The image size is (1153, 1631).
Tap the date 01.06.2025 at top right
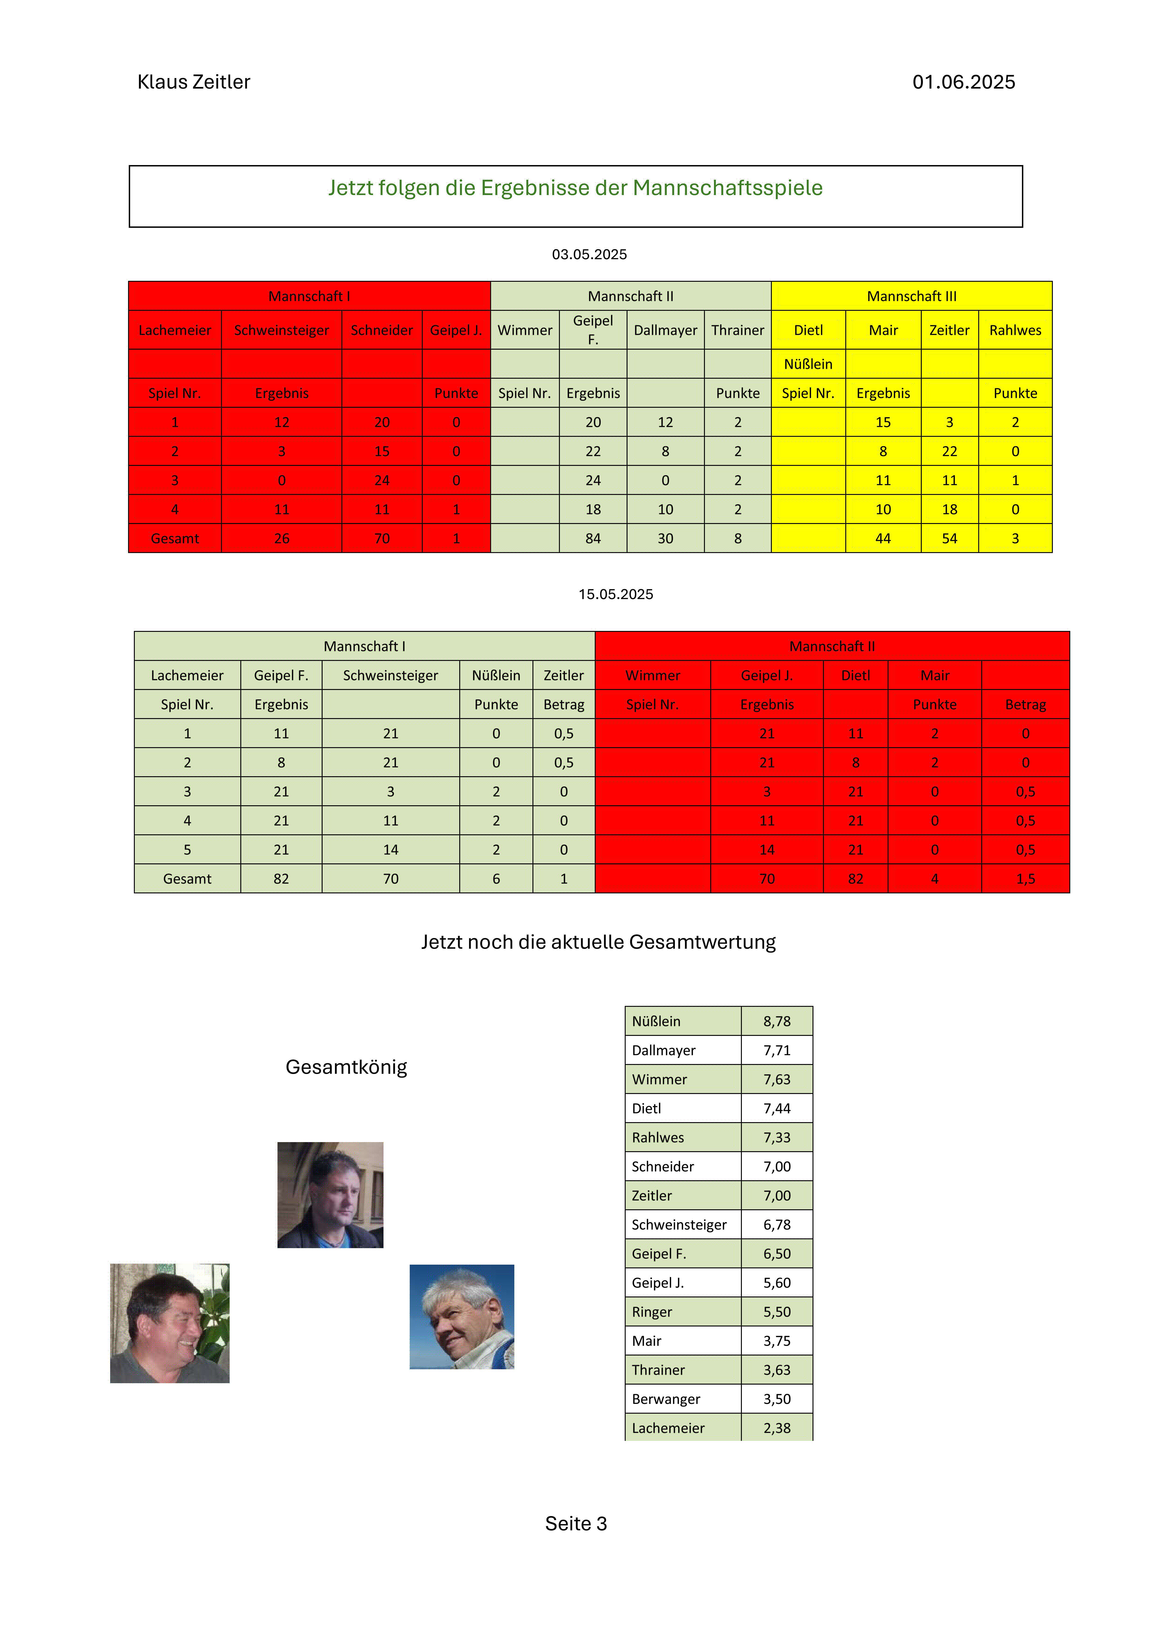[x=963, y=82]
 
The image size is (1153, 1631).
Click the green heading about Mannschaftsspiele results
[x=575, y=188]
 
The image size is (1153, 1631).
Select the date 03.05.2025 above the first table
[x=589, y=254]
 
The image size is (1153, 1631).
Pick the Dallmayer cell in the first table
[x=665, y=330]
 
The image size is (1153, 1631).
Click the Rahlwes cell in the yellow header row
[x=1014, y=330]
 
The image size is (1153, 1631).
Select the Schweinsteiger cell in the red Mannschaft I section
[x=281, y=330]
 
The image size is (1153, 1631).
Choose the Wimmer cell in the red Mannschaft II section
[x=652, y=676]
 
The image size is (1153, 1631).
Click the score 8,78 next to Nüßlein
[x=776, y=1021]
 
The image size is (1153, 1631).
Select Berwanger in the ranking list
[x=666, y=1399]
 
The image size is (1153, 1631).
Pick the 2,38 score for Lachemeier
[x=776, y=1429]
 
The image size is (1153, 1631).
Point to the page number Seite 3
[x=575, y=1524]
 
